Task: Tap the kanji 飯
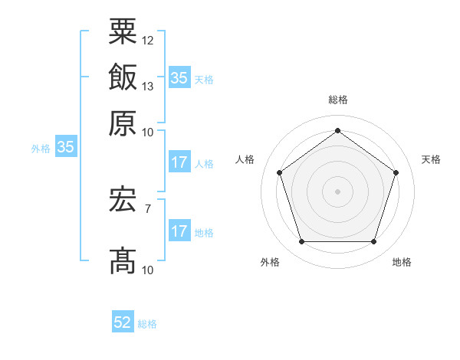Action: tap(123, 77)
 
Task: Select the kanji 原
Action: tap(123, 123)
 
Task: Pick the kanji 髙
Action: tap(123, 261)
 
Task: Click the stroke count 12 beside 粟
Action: tap(148, 40)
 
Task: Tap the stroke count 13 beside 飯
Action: tap(148, 86)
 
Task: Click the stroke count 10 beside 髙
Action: tap(148, 270)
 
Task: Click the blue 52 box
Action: tap(123, 323)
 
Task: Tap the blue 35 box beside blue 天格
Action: tap(179, 78)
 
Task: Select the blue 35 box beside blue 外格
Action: tap(65, 148)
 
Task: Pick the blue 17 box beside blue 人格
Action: tap(179, 162)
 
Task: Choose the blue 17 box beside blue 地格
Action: tap(179, 231)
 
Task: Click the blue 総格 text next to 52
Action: tap(147, 324)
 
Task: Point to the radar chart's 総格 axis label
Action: tap(337, 100)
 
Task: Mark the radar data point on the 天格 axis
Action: tap(396, 172)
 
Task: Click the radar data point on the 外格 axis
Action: tap(301, 242)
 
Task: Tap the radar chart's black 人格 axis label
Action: tap(245, 159)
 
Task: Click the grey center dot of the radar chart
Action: tap(337, 191)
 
